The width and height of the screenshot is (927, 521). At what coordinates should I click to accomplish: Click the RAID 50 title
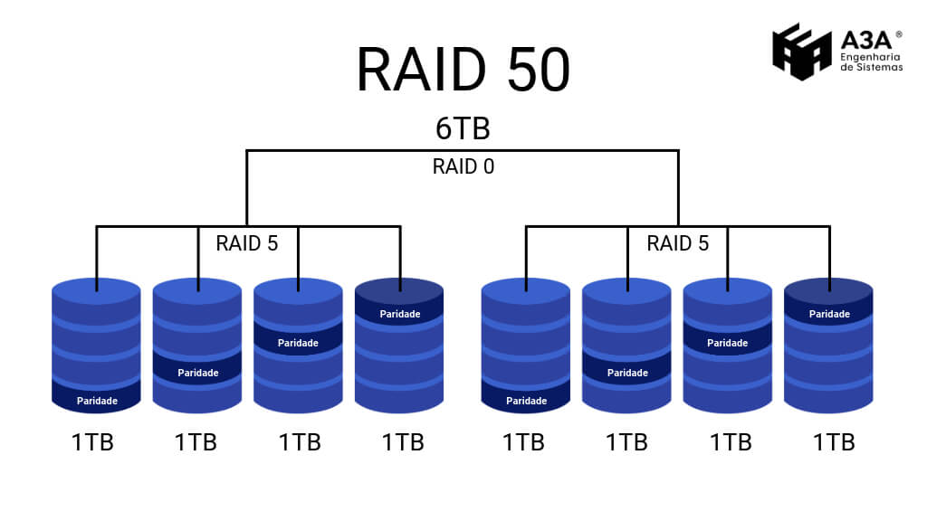pyautogui.click(x=463, y=70)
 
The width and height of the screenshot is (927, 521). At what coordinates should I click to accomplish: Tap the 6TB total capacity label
pyautogui.click(x=463, y=128)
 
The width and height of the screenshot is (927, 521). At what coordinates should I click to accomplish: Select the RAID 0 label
pyautogui.click(x=463, y=166)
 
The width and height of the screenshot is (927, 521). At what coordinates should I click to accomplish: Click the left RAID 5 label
pyautogui.click(x=246, y=243)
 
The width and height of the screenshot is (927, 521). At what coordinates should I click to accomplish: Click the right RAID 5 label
pyautogui.click(x=677, y=243)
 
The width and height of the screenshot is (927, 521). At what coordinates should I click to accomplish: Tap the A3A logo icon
pyautogui.click(x=801, y=52)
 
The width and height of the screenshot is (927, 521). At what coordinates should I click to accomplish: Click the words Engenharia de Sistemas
pyautogui.click(x=872, y=61)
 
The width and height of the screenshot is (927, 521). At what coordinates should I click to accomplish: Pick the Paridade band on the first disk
pyautogui.click(x=96, y=400)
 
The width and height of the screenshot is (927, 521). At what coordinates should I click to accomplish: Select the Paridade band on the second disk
pyautogui.click(x=197, y=372)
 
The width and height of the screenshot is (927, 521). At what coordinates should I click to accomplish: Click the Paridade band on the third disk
pyautogui.click(x=298, y=343)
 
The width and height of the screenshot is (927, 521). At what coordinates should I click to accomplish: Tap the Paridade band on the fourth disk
pyautogui.click(x=399, y=314)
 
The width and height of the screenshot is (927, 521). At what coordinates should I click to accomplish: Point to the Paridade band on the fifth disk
pyautogui.click(x=526, y=400)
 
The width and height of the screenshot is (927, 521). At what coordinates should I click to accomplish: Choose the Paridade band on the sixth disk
pyautogui.click(x=626, y=372)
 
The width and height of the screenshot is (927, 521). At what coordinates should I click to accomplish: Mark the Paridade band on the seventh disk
pyautogui.click(x=727, y=343)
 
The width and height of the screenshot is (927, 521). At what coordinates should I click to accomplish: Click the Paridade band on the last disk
pyautogui.click(x=828, y=314)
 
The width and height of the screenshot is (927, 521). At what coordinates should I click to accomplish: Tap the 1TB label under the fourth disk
pyautogui.click(x=403, y=442)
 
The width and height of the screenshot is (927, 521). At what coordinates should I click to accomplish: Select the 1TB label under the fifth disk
pyautogui.click(x=523, y=442)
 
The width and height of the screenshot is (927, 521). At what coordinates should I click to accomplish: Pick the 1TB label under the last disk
pyautogui.click(x=834, y=442)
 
